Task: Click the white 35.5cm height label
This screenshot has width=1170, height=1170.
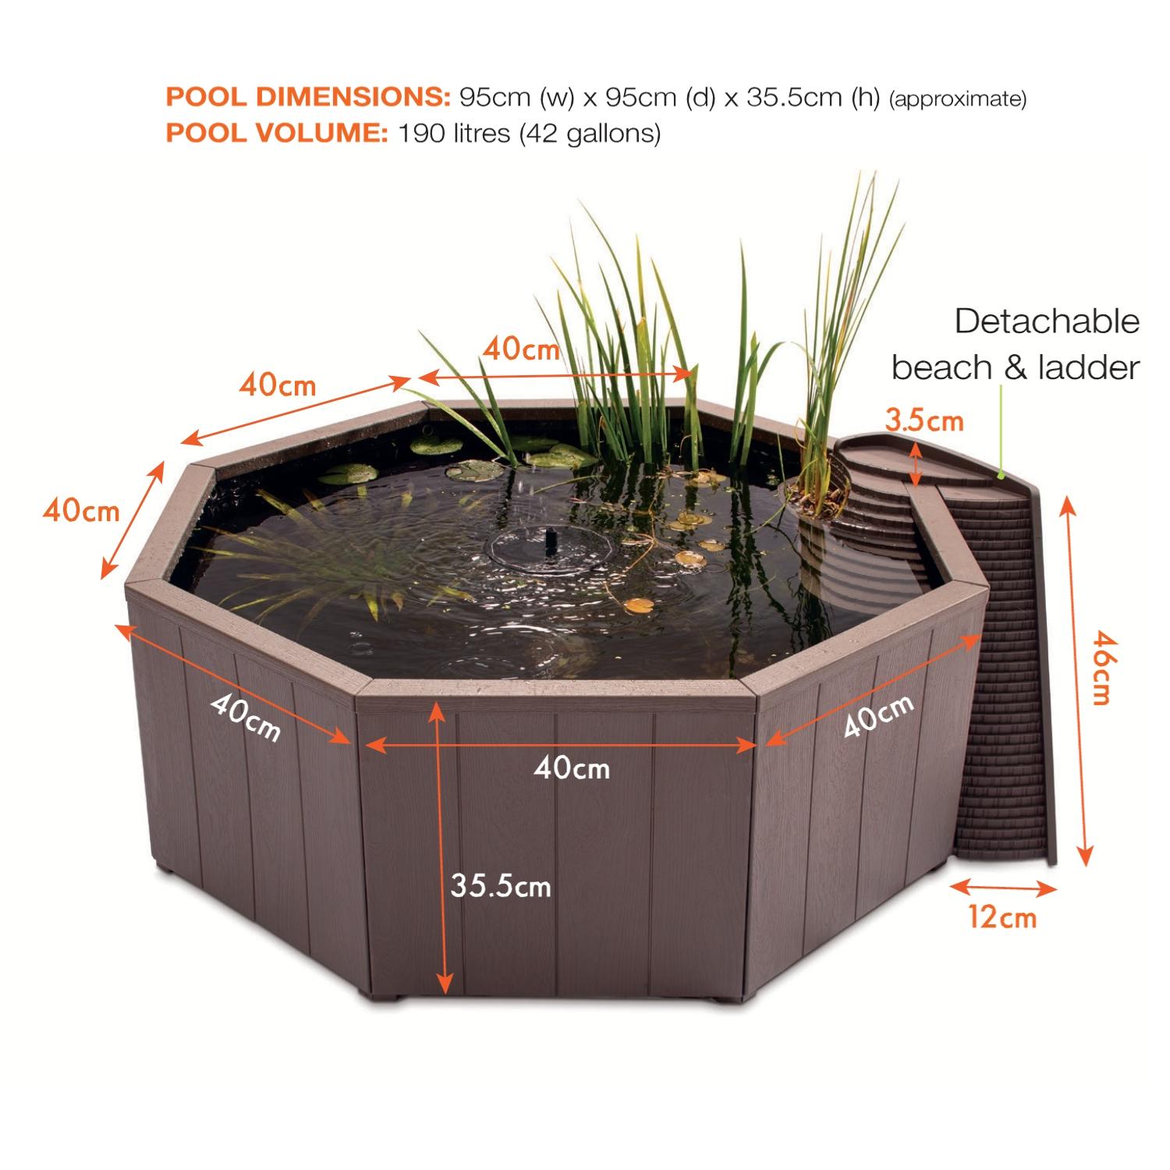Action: (501, 886)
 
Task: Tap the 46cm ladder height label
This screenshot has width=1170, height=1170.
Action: (1100, 668)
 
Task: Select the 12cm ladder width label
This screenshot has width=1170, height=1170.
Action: (1003, 917)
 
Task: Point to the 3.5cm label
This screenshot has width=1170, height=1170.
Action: (924, 421)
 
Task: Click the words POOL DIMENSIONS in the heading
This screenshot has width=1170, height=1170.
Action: (308, 97)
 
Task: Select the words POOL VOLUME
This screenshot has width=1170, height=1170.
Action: (277, 133)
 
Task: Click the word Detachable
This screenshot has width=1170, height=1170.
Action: (1048, 321)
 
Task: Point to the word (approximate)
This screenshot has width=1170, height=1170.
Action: (958, 100)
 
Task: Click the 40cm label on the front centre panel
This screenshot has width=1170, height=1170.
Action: (573, 769)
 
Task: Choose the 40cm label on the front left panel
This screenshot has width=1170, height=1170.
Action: (245, 718)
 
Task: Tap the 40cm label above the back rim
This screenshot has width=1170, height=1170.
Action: (521, 349)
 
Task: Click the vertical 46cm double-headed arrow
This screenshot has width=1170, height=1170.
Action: (1077, 679)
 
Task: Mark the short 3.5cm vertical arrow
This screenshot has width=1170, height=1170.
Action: (917, 461)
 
